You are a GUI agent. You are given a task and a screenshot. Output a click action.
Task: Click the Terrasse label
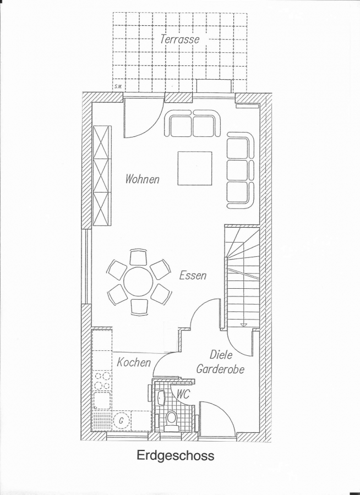[x=180, y=39]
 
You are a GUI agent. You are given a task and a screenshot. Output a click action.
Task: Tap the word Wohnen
[x=142, y=179]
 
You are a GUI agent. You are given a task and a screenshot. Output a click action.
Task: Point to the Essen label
[x=193, y=276]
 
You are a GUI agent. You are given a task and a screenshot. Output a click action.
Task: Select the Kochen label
[x=134, y=362]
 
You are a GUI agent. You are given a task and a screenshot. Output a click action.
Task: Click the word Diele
[x=221, y=355]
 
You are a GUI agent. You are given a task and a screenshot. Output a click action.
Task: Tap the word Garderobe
[x=221, y=369]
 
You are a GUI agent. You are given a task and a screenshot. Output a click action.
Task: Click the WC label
[x=183, y=394]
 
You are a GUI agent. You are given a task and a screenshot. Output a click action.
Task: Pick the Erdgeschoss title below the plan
[x=176, y=456]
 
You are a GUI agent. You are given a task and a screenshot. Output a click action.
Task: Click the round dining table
[x=138, y=282]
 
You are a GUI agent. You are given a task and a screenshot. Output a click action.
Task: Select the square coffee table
[x=195, y=168]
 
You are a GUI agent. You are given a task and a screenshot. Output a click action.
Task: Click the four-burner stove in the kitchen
[x=103, y=381]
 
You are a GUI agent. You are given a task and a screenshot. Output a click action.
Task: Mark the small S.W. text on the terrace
[x=118, y=87]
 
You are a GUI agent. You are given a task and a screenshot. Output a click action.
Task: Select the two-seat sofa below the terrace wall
[x=193, y=123]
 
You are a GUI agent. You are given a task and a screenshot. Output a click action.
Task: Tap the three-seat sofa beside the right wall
[x=241, y=170]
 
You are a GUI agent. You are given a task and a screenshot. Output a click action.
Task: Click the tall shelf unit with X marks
[x=102, y=175]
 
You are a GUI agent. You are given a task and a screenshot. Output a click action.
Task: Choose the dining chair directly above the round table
[x=138, y=257]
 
